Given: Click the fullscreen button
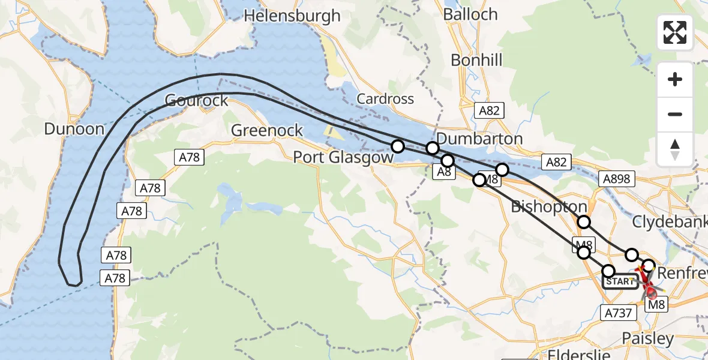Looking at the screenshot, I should coord(675,32).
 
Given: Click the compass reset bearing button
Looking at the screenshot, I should coord(675,149).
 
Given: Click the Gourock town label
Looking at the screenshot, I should coord(196,100).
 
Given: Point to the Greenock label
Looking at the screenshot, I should coord(267,130).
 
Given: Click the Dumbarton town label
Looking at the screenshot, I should coord(479,139).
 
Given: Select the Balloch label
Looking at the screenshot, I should coord(470,14).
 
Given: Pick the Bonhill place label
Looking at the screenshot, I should coord(476,60).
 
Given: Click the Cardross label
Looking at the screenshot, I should coord(385,98).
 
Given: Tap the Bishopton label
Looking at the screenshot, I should coord(548,207).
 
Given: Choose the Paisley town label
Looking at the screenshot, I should coord(647,338).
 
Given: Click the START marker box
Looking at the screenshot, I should coord(620,281).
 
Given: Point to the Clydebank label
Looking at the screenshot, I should coord(670,222).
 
